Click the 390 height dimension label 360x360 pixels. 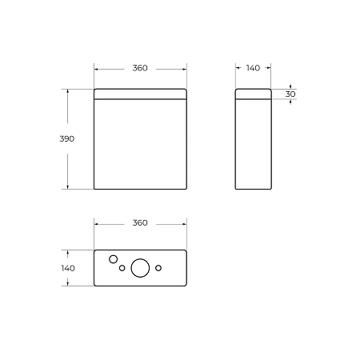[67, 138]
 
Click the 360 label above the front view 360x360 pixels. [140, 68]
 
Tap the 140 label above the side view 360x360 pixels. [253, 68]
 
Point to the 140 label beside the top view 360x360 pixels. [67, 268]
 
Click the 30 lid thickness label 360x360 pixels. [290, 94]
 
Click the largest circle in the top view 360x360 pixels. [140, 268]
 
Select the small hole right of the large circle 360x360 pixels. [158, 267]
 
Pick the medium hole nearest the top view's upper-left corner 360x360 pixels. [113, 259]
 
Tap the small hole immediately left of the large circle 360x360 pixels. [122, 268]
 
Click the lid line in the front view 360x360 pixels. [140, 101]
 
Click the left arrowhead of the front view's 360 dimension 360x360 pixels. [96, 68]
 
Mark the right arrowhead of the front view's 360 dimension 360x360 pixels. [185, 68]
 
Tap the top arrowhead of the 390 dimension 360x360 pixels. [67, 90]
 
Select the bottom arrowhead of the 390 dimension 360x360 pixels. [67, 187]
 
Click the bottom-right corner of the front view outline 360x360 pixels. [186, 190]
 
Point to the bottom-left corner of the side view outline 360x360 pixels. [236, 190]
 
